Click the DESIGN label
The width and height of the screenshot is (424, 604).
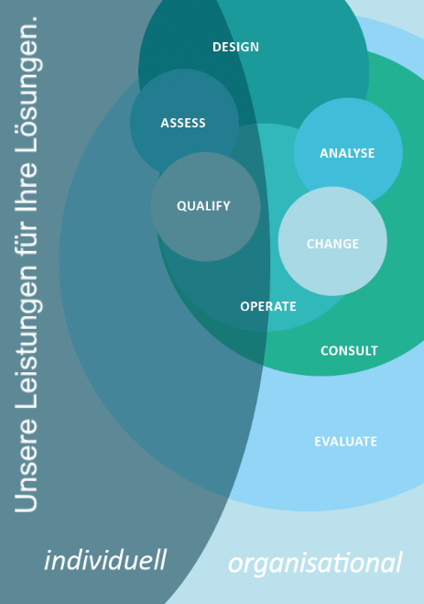[x=235, y=47]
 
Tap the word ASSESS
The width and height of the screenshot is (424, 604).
[x=183, y=123]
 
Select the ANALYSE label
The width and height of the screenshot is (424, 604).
[x=347, y=153]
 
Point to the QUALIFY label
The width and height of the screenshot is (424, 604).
[x=203, y=206]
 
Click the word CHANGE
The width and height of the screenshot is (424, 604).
[x=332, y=244]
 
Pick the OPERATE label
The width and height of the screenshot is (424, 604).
[x=268, y=306]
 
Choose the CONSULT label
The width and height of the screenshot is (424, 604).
[x=349, y=350]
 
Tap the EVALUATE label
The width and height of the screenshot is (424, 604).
[x=345, y=442]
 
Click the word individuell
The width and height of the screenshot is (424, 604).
[x=105, y=560]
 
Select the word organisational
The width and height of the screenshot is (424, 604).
[x=315, y=563]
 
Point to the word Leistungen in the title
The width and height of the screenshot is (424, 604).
[x=27, y=340]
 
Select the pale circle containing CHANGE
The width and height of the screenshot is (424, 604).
[x=332, y=241]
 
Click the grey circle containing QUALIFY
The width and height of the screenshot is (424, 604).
[x=206, y=207]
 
